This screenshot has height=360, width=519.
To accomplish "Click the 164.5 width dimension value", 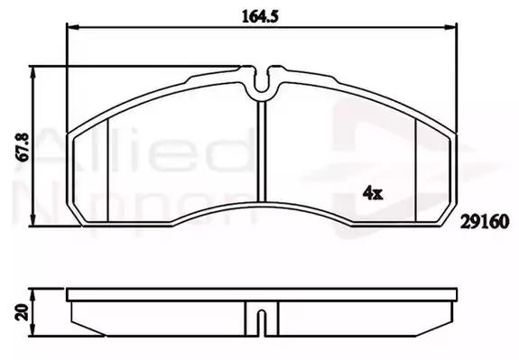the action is [x=260, y=16].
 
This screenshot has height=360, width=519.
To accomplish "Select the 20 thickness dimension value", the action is [x=23, y=312].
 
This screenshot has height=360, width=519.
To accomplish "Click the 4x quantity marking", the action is [x=373, y=193].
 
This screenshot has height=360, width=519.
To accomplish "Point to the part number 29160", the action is [x=485, y=222].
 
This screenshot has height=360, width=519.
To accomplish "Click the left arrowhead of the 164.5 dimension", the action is [x=73, y=27].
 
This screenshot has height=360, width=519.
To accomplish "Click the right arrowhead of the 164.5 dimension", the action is [x=450, y=27].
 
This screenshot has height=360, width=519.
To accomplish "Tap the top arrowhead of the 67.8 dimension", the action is [x=32, y=72].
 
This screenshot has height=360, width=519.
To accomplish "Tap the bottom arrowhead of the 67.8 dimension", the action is [x=32, y=220].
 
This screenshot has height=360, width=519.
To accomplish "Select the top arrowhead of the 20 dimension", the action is [x=32, y=294].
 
